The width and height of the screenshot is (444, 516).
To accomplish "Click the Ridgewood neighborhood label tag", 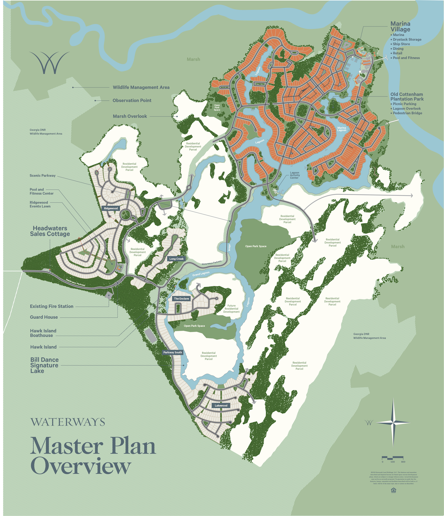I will (111, 208).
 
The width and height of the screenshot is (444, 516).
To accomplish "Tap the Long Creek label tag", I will (176, 259).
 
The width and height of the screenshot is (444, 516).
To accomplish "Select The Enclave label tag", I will (181, 299).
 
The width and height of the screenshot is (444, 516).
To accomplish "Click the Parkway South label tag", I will (173, 352).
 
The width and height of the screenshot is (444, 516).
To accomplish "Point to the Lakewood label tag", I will (221, 405).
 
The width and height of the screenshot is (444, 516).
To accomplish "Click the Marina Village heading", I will (400, 27).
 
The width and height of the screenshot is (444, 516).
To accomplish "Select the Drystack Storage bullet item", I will (407, 39).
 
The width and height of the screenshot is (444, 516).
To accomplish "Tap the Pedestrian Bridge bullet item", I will (407, 113).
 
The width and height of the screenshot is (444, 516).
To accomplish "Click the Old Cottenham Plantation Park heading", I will (407, 97).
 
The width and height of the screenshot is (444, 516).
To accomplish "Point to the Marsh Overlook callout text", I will (130, 116).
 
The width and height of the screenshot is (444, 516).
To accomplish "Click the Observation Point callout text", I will (132, 100).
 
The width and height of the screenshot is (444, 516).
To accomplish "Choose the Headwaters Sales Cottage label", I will (50, 231).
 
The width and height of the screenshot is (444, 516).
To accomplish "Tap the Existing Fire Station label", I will (52, 306).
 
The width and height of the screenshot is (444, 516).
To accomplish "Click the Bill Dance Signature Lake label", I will (44, 365).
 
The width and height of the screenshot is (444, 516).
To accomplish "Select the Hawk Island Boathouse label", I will (43, 333).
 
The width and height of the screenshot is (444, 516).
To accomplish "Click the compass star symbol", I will (393, 423).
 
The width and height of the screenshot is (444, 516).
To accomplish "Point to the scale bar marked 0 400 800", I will (392, 457).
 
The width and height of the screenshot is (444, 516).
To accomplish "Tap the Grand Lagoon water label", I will (201, 274).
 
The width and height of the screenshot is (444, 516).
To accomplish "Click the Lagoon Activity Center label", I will (295, 175).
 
